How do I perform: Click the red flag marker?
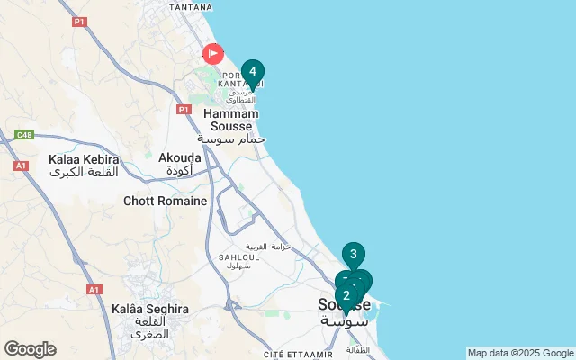212,54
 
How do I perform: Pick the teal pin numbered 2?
346,295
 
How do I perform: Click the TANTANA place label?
190,5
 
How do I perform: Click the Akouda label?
179,157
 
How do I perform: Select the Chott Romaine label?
166,202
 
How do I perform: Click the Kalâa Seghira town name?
150,309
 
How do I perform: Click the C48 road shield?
23,136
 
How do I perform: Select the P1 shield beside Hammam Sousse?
184,110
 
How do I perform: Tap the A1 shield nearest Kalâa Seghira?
94,290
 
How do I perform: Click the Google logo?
30,349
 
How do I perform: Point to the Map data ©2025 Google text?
520,353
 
